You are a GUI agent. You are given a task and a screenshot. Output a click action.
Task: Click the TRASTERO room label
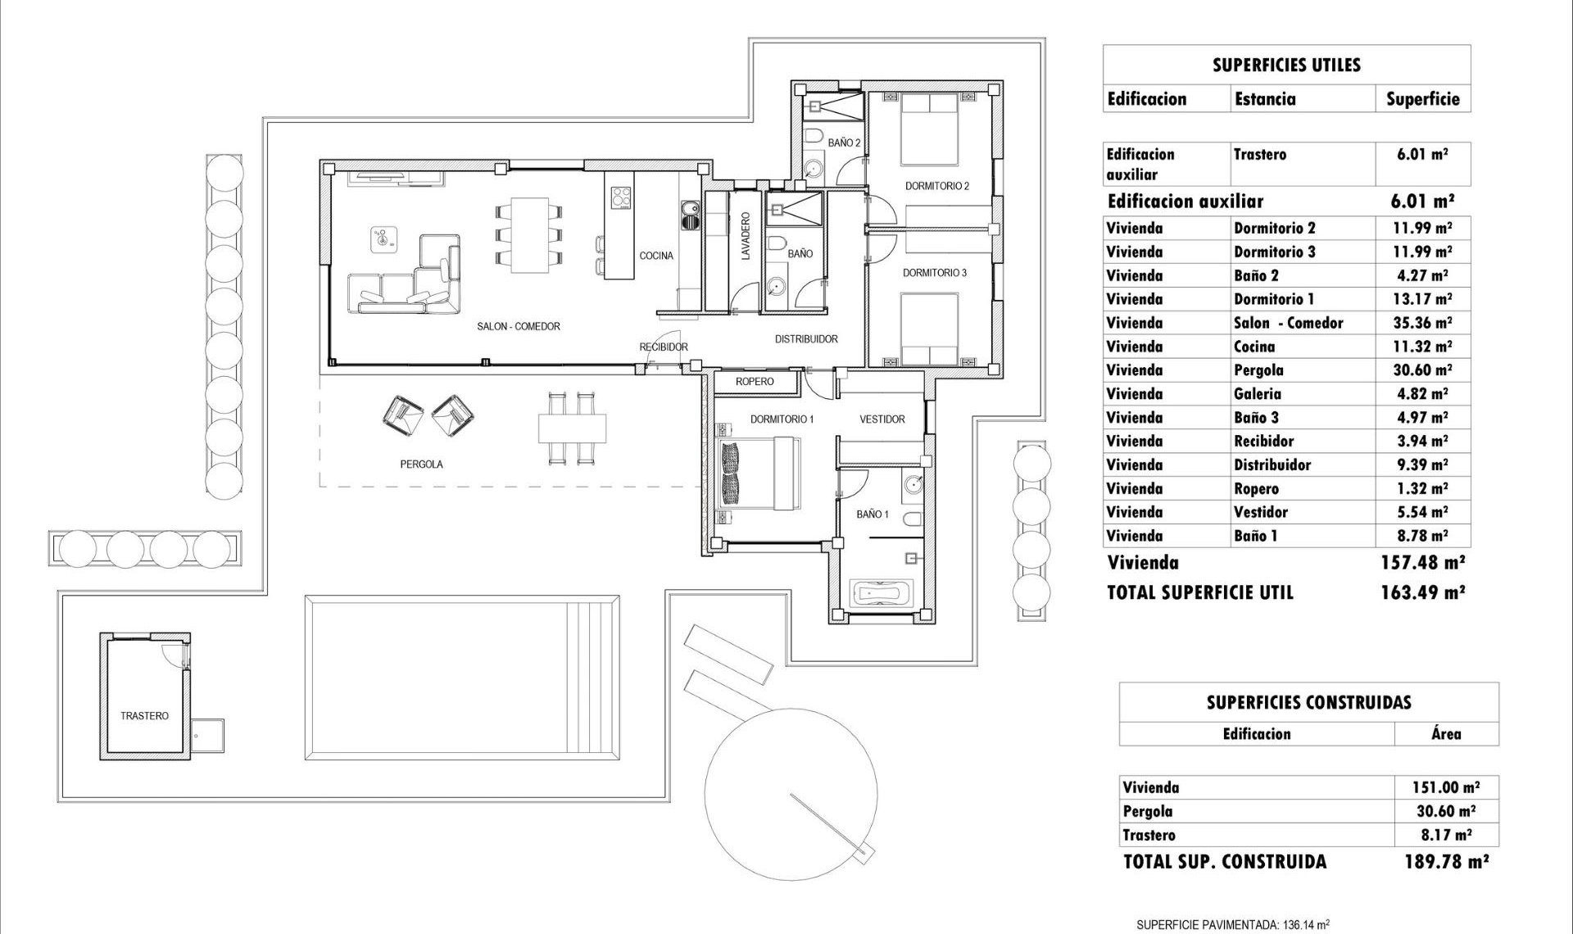pos(144,716)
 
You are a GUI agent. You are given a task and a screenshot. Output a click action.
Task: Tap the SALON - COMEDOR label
pos(519,326)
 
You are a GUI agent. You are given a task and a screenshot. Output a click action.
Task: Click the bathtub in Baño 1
pos(881,592)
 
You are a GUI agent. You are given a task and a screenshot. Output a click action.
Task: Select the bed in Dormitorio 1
pos(759,473)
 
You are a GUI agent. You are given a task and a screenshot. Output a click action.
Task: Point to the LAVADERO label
pos(746,237)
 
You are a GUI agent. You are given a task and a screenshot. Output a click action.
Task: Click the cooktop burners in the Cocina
pos(621,197)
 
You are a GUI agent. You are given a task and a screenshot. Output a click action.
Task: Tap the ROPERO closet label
pos(754,382)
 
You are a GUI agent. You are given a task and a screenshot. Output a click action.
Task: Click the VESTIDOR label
pos(882,419)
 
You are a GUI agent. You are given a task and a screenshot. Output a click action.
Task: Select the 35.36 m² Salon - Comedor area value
pos(1422,323)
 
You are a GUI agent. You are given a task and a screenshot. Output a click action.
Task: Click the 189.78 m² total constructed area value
pos(1446,861)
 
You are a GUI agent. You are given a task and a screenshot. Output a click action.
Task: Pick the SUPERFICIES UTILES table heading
pos(1286,66)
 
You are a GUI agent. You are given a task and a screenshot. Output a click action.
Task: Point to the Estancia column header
pos(1265,99)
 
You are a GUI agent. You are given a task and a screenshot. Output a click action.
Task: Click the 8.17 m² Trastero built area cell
pos(1446,835)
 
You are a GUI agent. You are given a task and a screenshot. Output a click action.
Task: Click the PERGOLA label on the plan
pos(421,465)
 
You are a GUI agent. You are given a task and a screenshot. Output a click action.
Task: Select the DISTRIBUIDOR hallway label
pos(806,339)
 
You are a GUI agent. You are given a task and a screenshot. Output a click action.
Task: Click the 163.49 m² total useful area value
pos(1422,592)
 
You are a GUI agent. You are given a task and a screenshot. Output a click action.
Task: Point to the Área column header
pos(1446,734)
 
